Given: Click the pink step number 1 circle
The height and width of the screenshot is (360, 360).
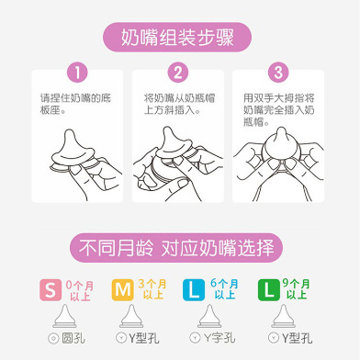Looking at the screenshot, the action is (x=77, y=73).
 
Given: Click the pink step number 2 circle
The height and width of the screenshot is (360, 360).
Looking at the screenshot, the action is (x=178, y=73).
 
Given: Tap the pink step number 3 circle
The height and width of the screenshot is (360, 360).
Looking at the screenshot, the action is (x=278, y=73).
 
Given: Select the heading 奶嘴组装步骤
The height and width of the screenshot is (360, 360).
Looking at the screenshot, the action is (x=177, y=38).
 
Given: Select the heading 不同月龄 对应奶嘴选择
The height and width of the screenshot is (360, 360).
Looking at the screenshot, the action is (x=176, y=248).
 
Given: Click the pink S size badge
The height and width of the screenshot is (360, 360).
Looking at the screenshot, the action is (x=51, y=289).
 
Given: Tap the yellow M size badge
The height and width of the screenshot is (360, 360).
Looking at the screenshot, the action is (x=122, y=289).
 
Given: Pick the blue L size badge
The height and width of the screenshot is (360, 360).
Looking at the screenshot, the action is (x=194, y=289).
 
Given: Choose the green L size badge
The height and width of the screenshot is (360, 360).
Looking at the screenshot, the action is (x=269, y=289).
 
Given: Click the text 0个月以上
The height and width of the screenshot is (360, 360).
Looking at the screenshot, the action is (x=80, y=290).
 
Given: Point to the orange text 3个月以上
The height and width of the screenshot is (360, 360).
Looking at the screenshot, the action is (x=152, y=289).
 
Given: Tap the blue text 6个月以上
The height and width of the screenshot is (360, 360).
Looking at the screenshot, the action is (x=224, y=289).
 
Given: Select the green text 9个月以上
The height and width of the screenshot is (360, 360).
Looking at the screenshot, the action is (x=296, y=289).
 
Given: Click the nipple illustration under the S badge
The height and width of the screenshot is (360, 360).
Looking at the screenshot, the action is (x=64, y=316).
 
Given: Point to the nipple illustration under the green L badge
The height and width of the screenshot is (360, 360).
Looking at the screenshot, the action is (x=283, y=316).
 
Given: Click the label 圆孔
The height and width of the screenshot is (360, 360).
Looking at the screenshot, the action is (x=73, y=338).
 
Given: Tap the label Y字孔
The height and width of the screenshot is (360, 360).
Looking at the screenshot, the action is (x=219, y=338).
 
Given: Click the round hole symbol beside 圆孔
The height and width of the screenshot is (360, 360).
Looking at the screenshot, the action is (x=53, y=338).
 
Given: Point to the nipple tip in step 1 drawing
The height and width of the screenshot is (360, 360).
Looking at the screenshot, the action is (x=70, y=132).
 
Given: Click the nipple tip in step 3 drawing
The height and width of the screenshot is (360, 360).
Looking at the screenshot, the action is (x=281, y=130).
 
